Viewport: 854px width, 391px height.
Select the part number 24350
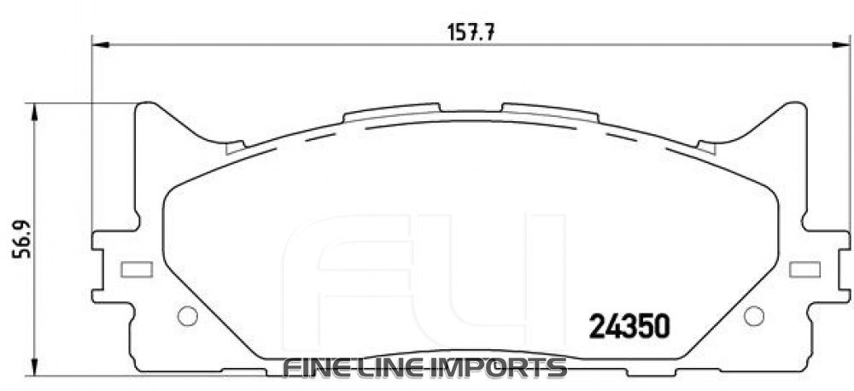pos(629,326)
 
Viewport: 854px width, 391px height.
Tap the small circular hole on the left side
pos(187,315)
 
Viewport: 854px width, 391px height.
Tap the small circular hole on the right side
pos(753,315)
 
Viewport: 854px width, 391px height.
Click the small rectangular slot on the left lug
pos(137,270)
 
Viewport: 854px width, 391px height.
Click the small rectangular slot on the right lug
pos(804,270)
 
